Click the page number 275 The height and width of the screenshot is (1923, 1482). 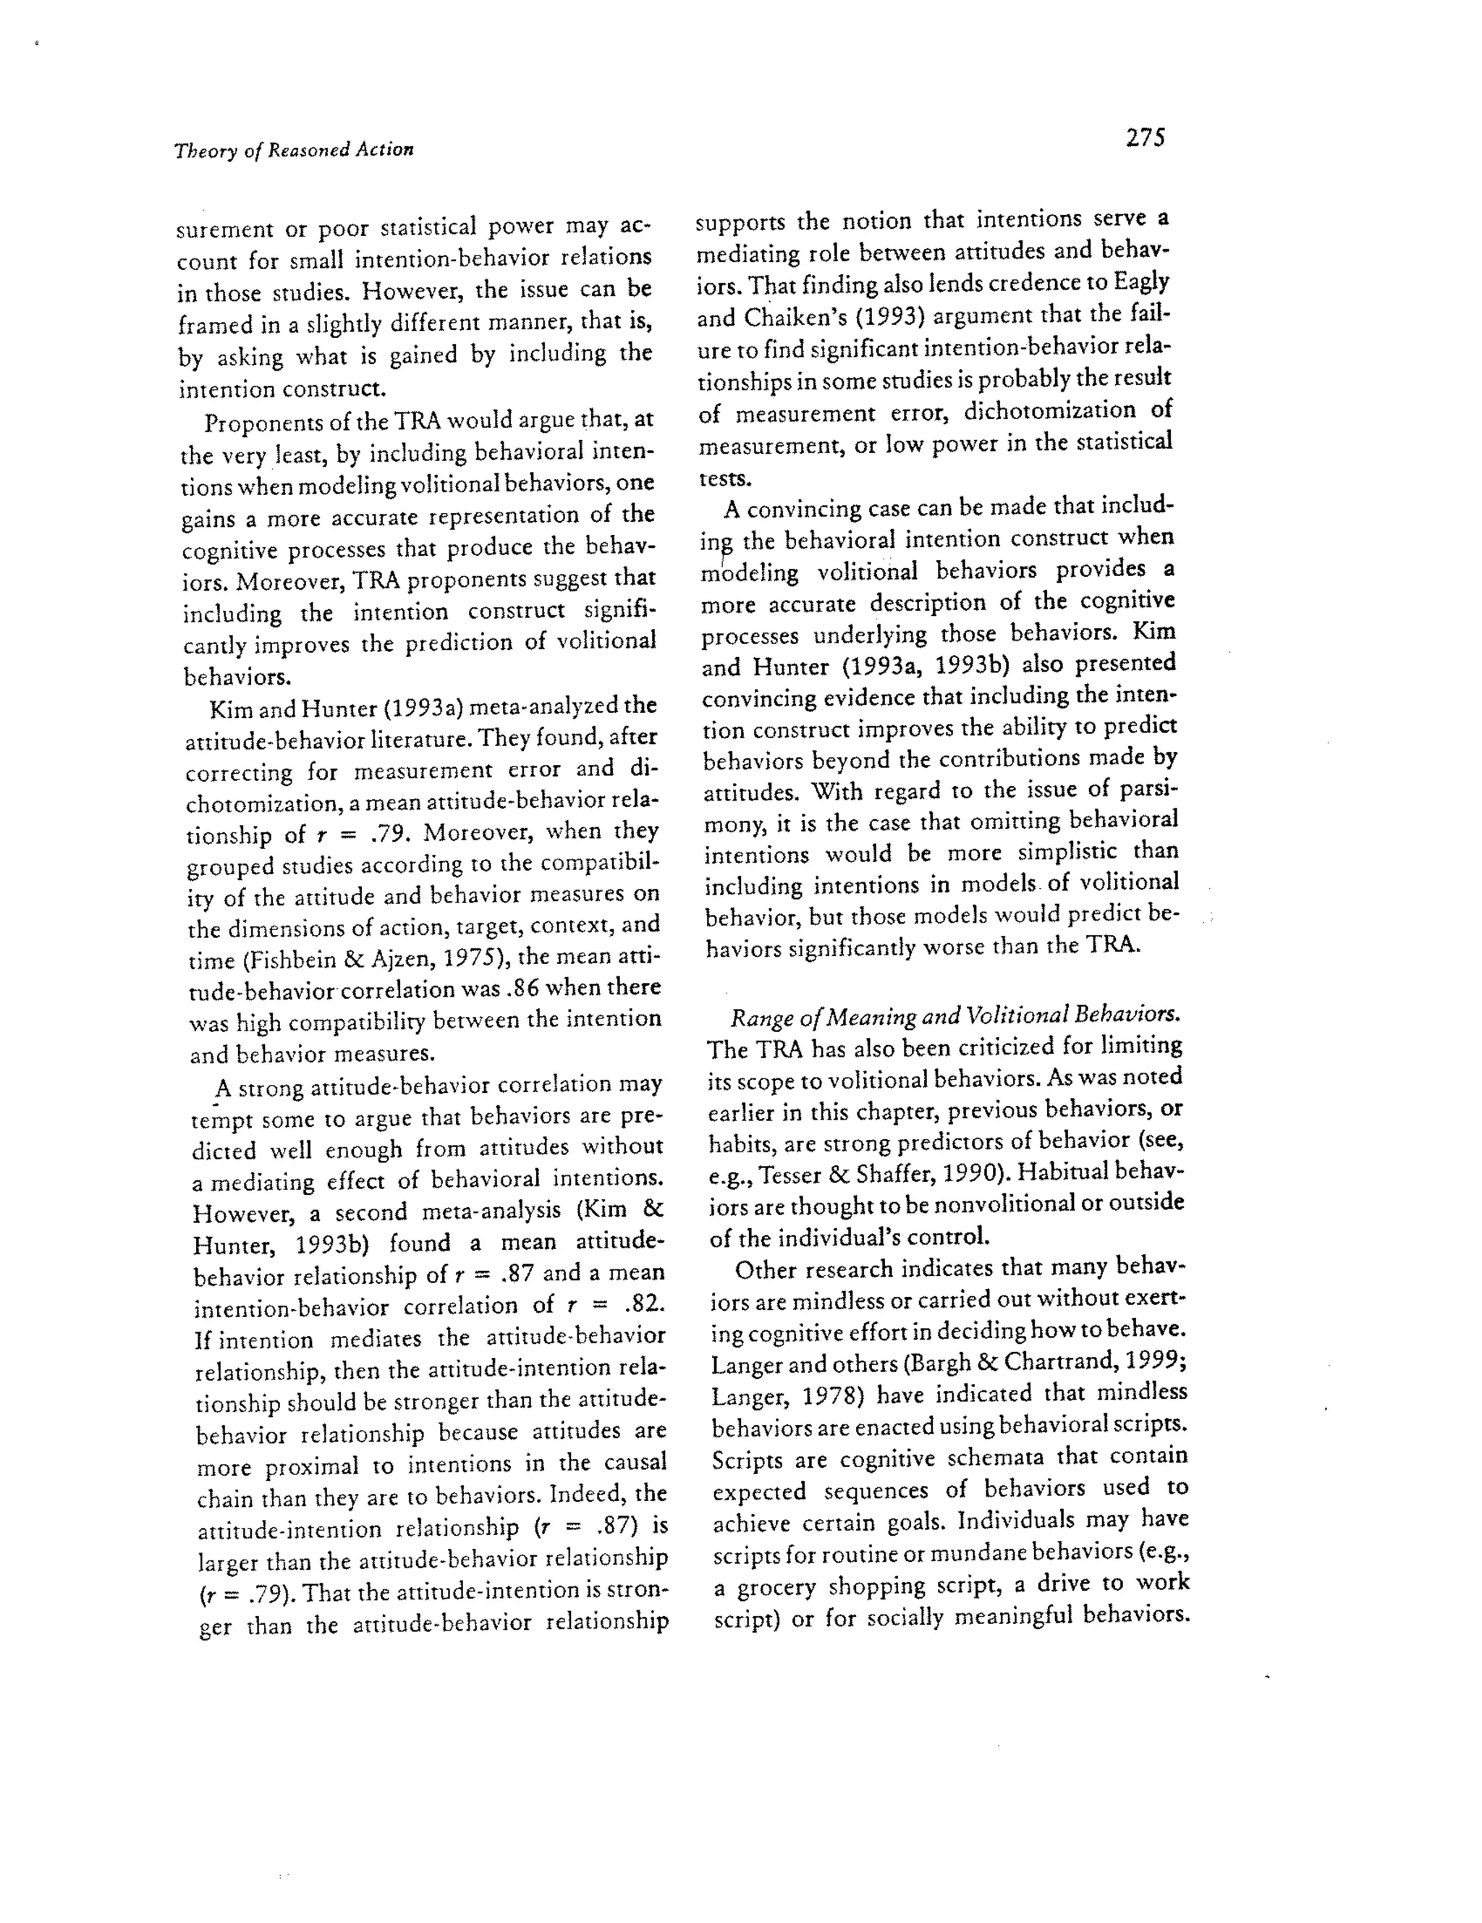point(1144,138)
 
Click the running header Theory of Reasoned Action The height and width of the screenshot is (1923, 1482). point(293,150)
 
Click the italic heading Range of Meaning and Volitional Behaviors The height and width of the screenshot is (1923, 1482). point(954,1015)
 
